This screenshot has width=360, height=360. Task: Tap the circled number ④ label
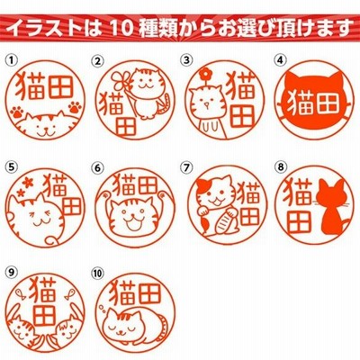pyautogui.click(x=280, y=60)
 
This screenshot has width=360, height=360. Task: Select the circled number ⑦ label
pyautogui.click(x=186, y=167)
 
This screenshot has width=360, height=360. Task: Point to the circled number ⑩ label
pyautogui.click(x=98, y=273)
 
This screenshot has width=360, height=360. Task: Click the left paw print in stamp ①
pyautogui.click(x=17, y=112)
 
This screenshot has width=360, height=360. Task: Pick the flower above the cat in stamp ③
pyautogui.click(x=206, y=73)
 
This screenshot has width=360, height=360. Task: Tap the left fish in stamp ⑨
pyautogui.click(x=20, y=293)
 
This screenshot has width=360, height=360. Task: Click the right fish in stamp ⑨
pyautogui.click(x=71, y=292)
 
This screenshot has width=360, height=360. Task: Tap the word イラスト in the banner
pyautogui.click(x=43, y=29)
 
